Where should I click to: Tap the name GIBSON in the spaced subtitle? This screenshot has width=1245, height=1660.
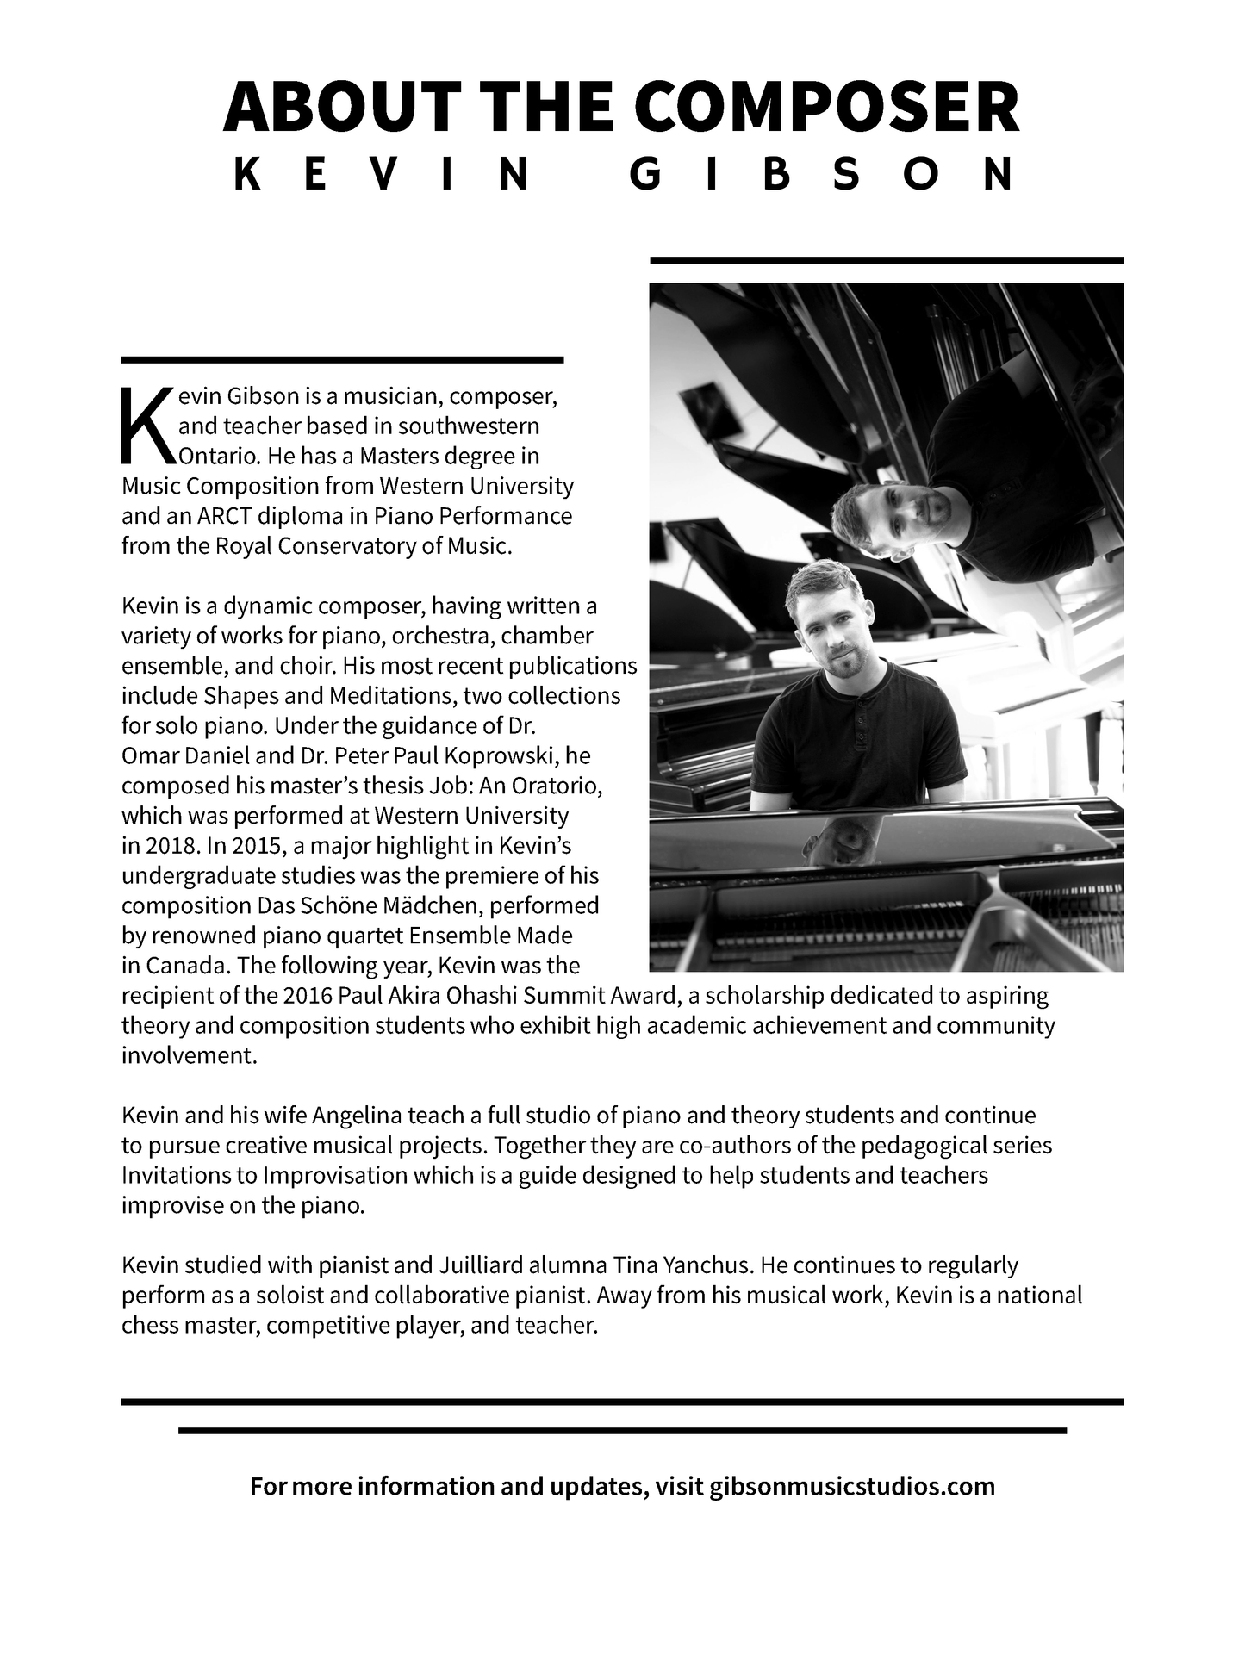[x=822, y=175]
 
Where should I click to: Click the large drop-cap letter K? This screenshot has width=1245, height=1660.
[x=146, y=425]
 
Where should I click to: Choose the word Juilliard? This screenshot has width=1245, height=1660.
[x=479, y=1265]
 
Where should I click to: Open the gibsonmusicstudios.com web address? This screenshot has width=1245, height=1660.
[x=852, y=1486]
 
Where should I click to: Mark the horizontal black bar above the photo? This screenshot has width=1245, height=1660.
[x=887, y=259]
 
